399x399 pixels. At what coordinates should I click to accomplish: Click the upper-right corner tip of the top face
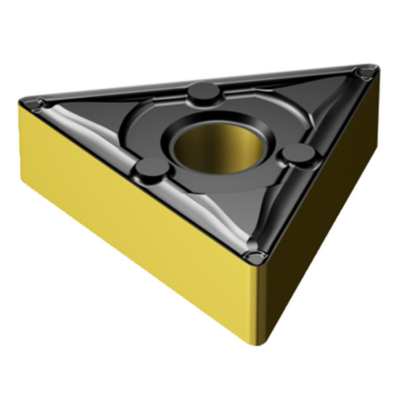(x=377, y=68)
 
